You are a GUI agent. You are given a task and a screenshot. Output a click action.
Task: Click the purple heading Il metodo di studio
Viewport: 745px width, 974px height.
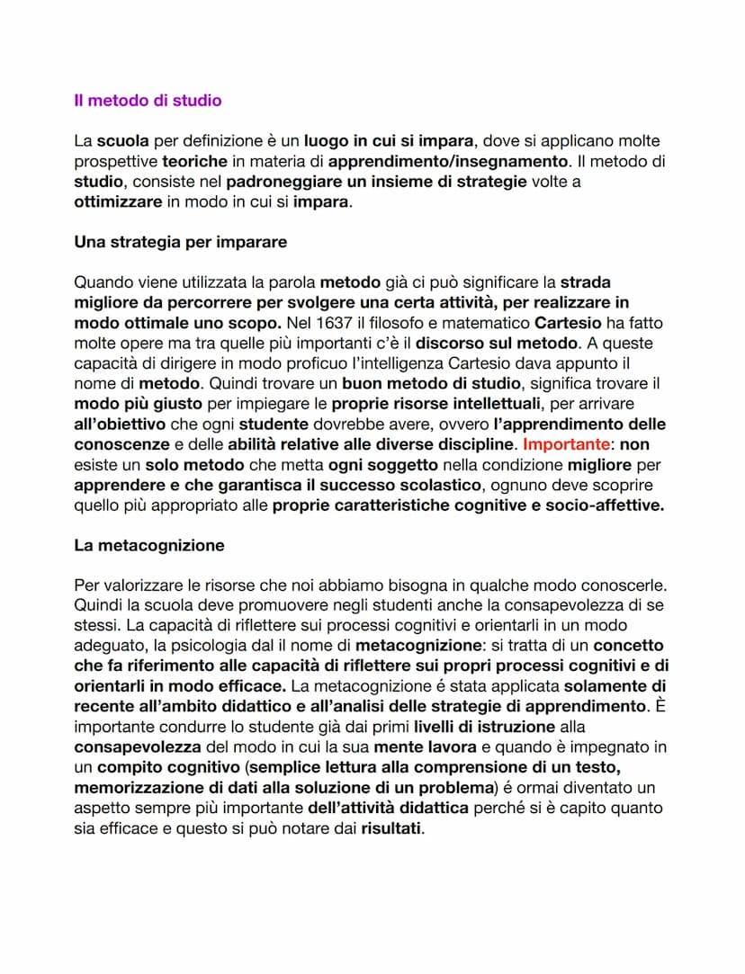pos(148,101)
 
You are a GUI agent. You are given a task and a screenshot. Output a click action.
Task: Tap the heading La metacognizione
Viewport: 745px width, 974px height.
pos(149,545)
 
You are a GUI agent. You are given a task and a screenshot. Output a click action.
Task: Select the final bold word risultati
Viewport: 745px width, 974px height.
pos(390,828)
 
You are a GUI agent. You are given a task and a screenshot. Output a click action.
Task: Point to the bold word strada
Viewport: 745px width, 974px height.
pos(586,282)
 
